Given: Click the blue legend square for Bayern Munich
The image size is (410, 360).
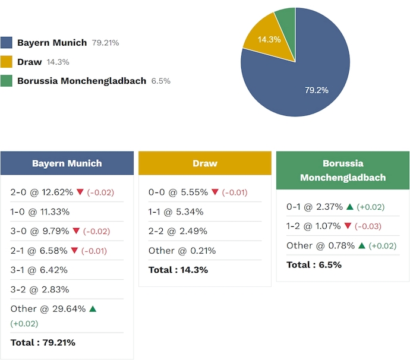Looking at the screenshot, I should click(7, 43).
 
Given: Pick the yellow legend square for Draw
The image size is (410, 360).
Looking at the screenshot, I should click(7, 62).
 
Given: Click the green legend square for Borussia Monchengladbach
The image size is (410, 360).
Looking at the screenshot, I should click(7, 81).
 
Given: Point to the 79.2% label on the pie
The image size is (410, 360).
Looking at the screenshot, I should click(316, 90).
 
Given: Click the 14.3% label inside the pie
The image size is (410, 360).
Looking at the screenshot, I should click(269, 40).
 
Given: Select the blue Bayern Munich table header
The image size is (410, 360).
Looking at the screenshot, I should click(67, 163).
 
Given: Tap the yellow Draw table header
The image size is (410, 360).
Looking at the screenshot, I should click(205, 163).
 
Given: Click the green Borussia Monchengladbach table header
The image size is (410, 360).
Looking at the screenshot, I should click(343, 170).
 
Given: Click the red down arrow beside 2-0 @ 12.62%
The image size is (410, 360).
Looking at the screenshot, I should click(80, 192).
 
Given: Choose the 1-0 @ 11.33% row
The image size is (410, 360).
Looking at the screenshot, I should click(40, 211).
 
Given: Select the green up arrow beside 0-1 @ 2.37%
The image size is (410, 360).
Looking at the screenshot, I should click(350, 207).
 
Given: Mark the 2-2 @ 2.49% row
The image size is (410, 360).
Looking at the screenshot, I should click(178, 231).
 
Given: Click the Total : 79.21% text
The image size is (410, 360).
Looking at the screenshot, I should click(43, 342).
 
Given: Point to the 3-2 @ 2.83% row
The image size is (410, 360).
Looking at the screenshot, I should click(40, 289).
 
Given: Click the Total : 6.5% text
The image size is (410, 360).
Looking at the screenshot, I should click(314, 264).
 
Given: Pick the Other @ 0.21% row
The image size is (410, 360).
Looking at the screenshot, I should click(182, 251).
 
